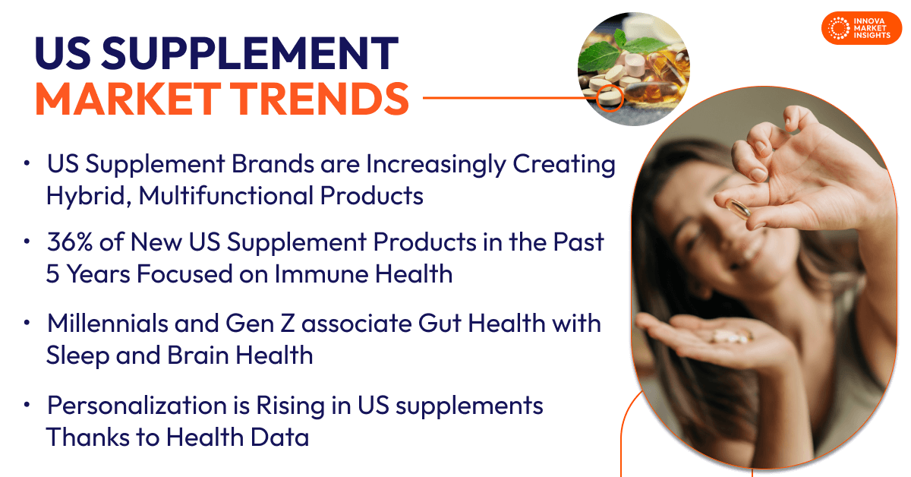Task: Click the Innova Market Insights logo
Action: (x=862, y=28)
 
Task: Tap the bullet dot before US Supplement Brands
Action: (x=28, y=164)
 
